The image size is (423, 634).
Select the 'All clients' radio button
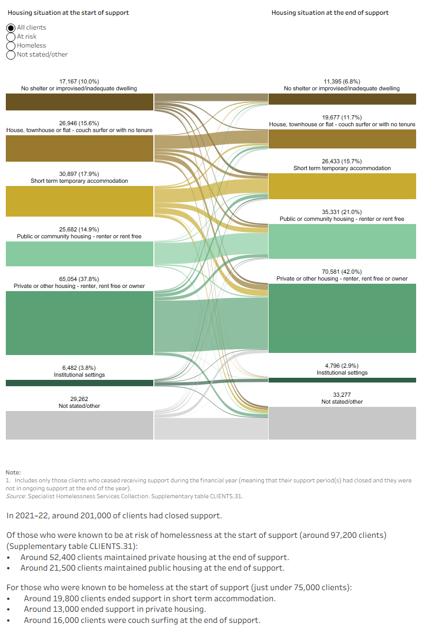pyautogui.click(x=11, y=27)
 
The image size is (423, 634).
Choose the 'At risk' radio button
pyautogui.click(x=11, y=37)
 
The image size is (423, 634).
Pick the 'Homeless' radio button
pyautogui.click(x=11, y=46)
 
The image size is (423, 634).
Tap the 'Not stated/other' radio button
pyautogui.click(x=11, y=55)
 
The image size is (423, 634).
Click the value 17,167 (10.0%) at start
pyautogui.click(x=79, y=81)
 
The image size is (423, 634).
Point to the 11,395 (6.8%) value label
pyautogui.click(x=342, y=81)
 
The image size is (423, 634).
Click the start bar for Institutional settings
pyautogui.click(x=80, y=383)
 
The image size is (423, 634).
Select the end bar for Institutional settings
pyautogui.click(x=342, y=380)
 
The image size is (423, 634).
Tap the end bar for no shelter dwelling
pyautogui.click(x=342, y=99)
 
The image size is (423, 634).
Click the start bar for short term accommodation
pyautogui.click(x=80, y=201)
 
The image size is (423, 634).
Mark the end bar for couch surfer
pyautogui.click(x=342, y=139)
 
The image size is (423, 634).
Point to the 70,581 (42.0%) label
pyautogui.click(x=342, y=272)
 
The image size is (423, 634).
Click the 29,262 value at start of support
pyautogui.click(x=79, y=399)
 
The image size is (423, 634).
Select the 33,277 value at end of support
pyautogui.click(x=342, y=395)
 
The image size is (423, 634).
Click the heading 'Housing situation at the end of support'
pyautogui.click(x=330, y=13)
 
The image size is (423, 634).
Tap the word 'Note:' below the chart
pyautogui.click(x=13, y=472)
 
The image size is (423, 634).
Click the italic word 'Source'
pyautogui.click(x=15, y=496)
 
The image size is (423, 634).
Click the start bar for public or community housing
pyautogui.click(x=80, y=254)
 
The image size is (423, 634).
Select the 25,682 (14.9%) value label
pyautogui.click(x=79, y=229)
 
